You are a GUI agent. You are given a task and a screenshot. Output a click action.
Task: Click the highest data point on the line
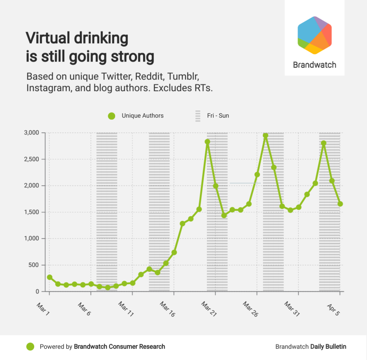266,136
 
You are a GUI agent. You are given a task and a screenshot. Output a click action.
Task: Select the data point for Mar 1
49,277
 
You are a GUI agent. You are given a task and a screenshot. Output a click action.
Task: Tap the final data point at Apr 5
340,204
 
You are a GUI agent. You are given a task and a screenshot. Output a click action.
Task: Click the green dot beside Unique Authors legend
112,116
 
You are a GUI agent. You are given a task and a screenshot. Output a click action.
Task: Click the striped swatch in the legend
198,116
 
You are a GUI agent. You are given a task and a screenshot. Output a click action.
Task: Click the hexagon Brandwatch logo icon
314,35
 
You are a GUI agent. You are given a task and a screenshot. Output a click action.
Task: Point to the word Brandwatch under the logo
314,65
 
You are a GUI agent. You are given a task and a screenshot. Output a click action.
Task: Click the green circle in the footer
30,347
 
